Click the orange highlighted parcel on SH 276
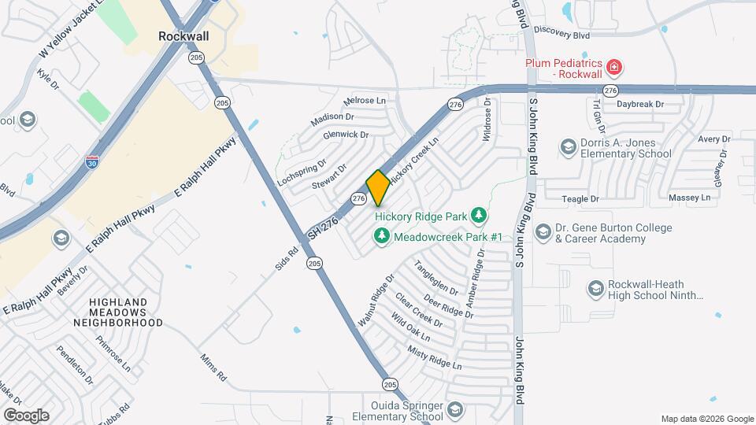click(x=378, y=188)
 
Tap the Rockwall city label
click(x=182, y=36)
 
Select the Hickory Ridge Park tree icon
click(x=477, y=215)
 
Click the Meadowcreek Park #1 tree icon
click(x=382, y=235)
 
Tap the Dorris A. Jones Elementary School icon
click(x=568, y=147)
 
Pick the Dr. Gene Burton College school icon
click(x=542, y=232)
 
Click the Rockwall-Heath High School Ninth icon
click(x=596, y=290)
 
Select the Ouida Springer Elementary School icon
click(x=454, y=409)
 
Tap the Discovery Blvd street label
click(x=561, y=31)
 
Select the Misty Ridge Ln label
click(x=434, y=357)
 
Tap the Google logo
click(x=26, y=415)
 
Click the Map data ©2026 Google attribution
click(x=707, y=419)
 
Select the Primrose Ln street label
click(x=114, y=355)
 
